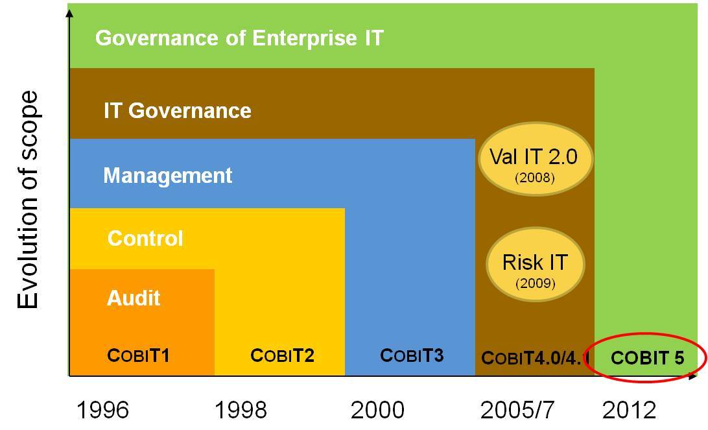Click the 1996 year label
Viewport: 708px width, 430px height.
click(103, 410)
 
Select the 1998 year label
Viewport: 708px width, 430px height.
click(240, 410)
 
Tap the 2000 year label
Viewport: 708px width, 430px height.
click(377, 410)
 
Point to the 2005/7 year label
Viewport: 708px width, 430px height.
click(518, 410)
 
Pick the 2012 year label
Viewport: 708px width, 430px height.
click(629, 410)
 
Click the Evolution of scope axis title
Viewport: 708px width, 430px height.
click(28, 200)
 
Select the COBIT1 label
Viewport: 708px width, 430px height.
click(138, 355)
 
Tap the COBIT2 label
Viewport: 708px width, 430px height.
click(282, 355)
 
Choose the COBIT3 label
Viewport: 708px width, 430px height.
click(412, 355)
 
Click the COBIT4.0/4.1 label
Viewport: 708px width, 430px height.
click(535, 357)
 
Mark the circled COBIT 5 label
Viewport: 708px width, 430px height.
click(647, 357)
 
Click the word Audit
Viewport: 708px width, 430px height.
click(134, 298)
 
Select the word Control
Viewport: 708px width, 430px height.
click(145, 239)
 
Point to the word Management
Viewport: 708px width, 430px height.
click(167, 176)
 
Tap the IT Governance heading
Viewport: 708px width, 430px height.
click(177, 111)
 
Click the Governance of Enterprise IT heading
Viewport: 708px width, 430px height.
click(239, 38)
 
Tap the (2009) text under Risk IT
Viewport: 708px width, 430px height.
click(535, 283)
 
